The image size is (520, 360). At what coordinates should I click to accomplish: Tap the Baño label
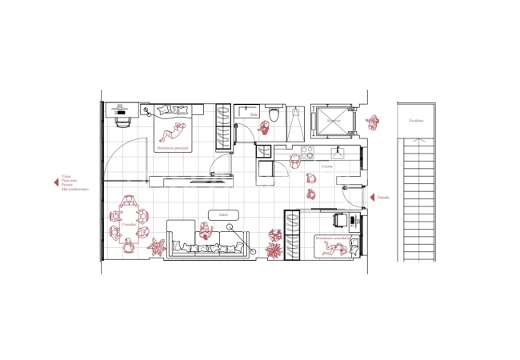coord(254,114)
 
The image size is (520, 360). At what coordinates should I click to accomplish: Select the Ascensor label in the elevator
coord(333,120)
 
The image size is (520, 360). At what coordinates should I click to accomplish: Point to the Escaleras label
coord(416,121)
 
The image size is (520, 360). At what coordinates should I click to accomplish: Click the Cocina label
coord(326,166)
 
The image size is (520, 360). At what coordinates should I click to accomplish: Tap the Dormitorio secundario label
coord(330,238)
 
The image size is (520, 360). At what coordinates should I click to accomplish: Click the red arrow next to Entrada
coord(374,197)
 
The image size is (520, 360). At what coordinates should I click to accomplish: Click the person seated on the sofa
coord(206,234)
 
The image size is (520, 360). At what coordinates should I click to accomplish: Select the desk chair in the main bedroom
coord(122,122)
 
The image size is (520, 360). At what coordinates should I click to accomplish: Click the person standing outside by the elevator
coord(372,122)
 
